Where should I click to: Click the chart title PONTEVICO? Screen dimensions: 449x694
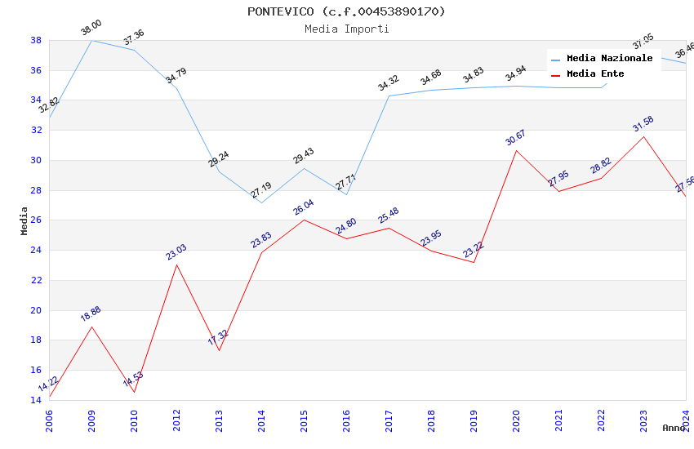pos(346,11)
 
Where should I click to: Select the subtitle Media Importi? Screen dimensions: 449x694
pos(346,29)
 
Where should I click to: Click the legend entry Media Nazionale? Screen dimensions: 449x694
pos(609,58)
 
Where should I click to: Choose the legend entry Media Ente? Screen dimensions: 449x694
pos(595,73)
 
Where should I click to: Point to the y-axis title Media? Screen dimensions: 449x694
pos(24,220)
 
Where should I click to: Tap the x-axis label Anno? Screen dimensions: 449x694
pos(674,428)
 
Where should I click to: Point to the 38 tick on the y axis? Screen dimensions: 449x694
pos(36,40)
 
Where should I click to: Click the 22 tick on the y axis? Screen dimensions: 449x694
pos(36,280)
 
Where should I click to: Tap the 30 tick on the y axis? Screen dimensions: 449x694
pos(36,160)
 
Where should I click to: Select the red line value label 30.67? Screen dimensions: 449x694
pos(516,137)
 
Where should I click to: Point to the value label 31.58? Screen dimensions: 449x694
pos(643,124)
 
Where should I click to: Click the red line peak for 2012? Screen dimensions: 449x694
pos(176,265)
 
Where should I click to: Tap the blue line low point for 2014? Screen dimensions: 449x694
pos(261,202)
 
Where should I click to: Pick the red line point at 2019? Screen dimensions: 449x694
pos(474,262)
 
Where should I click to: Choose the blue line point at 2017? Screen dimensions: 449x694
pos(389,96)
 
